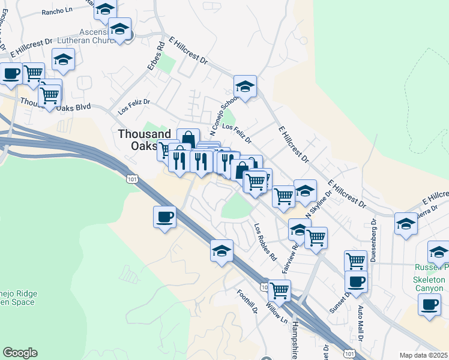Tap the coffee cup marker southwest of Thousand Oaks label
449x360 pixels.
164,217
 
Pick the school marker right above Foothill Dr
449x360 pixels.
221,250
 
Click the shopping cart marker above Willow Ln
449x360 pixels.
279,290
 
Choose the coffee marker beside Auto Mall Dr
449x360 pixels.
356,280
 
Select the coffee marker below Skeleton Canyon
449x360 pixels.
429,304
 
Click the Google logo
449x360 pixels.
19,353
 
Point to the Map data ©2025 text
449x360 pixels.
424,355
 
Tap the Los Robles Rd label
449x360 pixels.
265,242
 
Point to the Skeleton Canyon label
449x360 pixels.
429,284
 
